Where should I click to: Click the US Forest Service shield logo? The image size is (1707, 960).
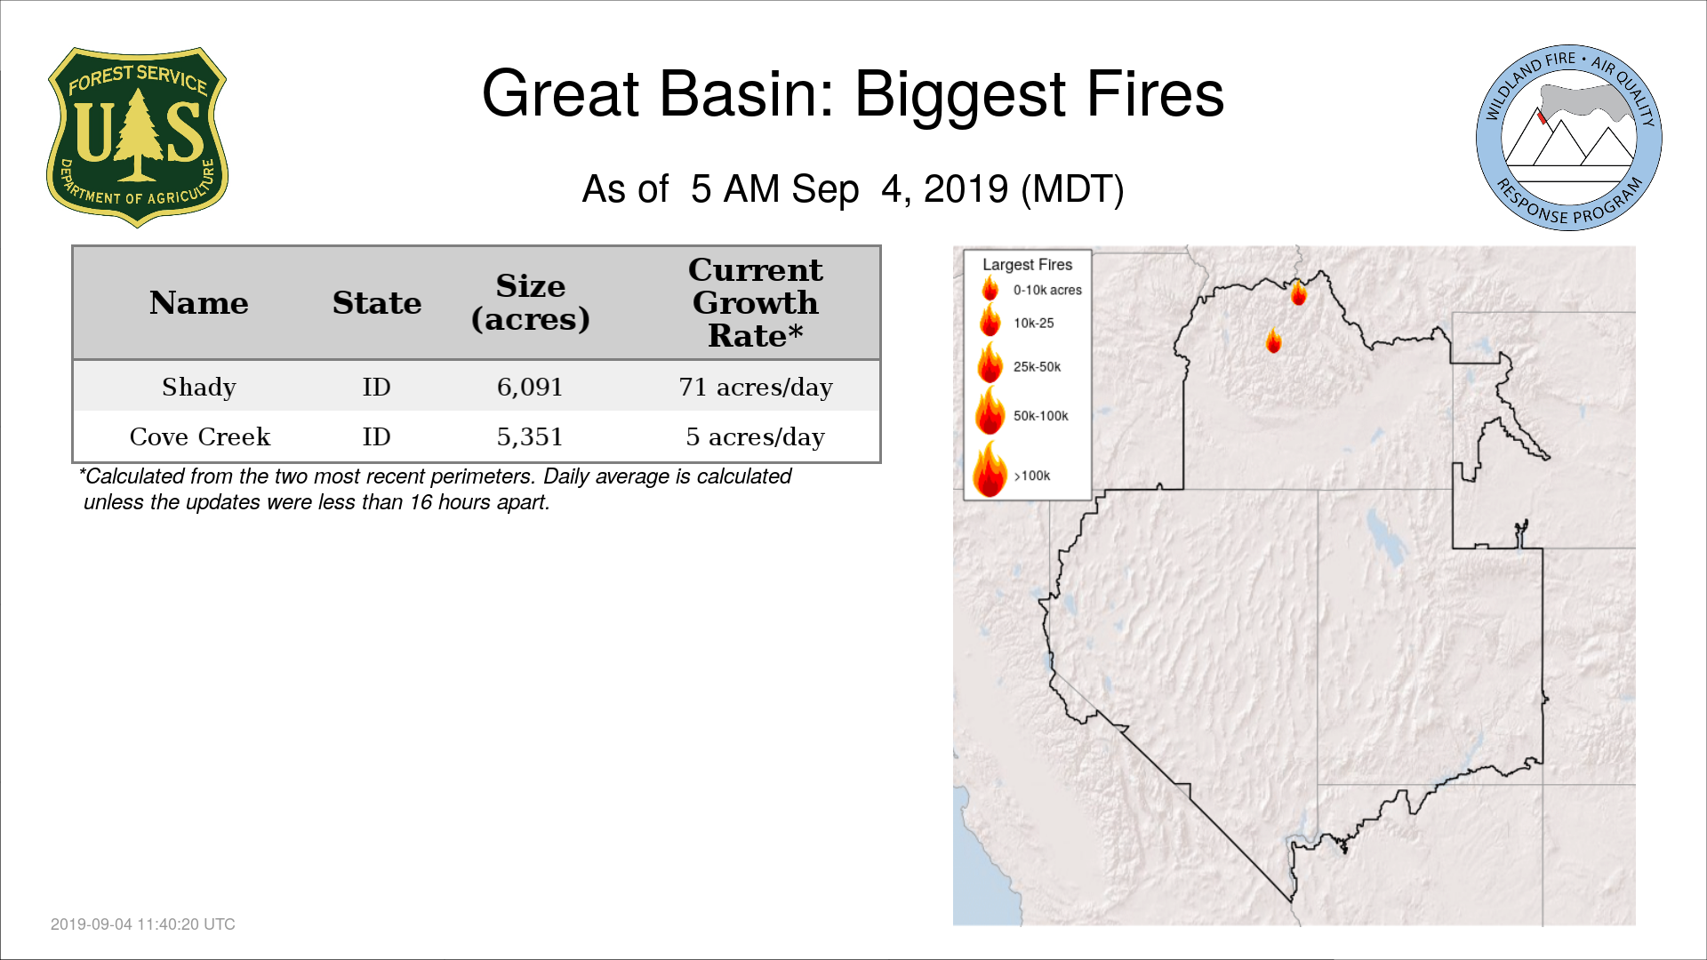pos(137,138)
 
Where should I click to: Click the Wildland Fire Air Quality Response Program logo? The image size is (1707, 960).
pos(1569,138)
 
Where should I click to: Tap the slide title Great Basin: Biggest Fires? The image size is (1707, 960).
pos(853,94)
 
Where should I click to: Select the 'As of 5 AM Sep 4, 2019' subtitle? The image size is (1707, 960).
pos(853,189)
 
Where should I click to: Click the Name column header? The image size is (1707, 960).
pos(199,303)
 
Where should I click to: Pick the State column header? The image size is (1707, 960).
pos(377,303)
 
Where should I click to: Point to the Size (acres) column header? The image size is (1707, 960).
pos(531,302)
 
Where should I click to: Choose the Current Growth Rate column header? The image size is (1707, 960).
pos(756,302)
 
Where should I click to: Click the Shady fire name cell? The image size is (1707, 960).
pos(199,387)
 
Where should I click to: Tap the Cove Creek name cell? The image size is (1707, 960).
pos(200,436)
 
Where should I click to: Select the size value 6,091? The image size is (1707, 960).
pos(530,387)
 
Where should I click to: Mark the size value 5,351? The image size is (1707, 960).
pos(530,436)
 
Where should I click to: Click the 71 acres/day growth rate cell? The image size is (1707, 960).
pos(756,387)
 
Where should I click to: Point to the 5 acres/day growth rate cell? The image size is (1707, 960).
pos(756,436)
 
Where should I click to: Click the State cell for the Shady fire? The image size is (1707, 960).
pos(376,387)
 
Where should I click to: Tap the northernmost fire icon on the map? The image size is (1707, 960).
pos(1299,292)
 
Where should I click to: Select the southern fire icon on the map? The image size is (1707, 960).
pos(1274,340)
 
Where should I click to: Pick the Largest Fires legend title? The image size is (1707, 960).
pos(1027,265)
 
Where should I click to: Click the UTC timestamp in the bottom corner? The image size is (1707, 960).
pos(143,924)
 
